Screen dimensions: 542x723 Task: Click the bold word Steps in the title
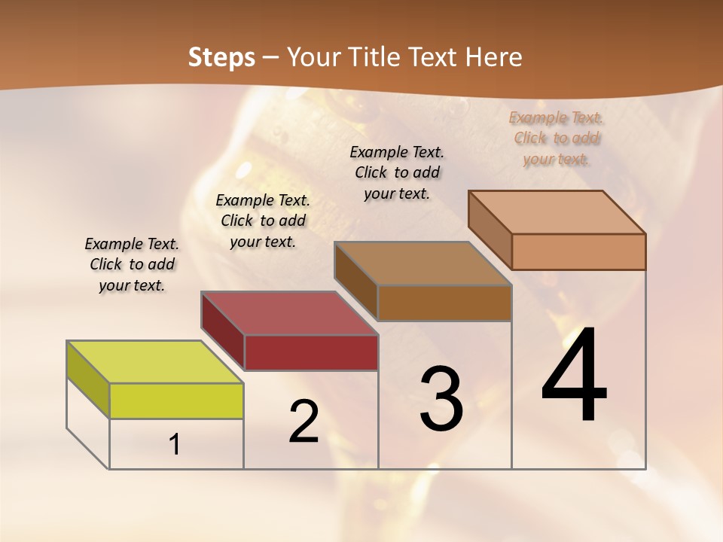(221, 57)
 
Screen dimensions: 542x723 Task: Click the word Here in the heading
(491, 57)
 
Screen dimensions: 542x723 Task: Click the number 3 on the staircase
(441, 399)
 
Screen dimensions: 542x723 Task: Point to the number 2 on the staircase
(304, 422)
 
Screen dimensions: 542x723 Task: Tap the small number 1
(175, 445)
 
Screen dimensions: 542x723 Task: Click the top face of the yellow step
(155, 362)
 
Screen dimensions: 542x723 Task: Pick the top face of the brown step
(423, 263)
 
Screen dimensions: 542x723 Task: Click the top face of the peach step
(557, 212)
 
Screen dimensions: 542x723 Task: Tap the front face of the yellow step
(176, 401)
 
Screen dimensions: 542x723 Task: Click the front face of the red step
(311, 352)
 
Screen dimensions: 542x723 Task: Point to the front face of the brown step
(444, 303)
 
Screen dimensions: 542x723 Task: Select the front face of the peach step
(578, 251)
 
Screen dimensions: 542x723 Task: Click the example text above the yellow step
(132, 265)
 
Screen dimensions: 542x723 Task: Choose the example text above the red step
(263, 221)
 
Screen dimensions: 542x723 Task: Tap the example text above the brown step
(397, 172)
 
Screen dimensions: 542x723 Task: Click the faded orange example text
(557, 138)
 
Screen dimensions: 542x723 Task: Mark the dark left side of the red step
(223, 330)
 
